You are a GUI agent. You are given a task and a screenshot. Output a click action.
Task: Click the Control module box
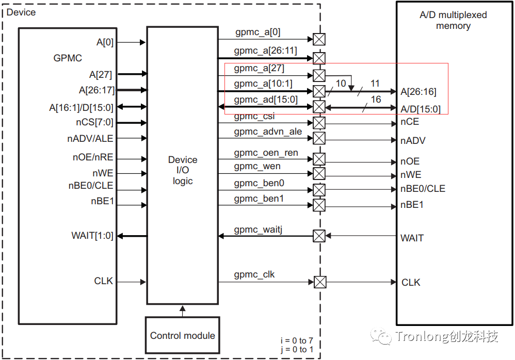183,336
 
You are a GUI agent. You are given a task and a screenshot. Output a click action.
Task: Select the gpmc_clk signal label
254,274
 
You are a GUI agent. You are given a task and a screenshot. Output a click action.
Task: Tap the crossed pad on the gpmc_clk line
320,282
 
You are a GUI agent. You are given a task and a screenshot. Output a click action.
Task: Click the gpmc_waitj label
258,229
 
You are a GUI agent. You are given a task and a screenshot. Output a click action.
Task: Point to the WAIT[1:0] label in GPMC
92,236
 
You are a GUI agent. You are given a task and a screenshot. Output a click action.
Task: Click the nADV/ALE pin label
90,138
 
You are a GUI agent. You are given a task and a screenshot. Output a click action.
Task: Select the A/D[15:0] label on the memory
421,109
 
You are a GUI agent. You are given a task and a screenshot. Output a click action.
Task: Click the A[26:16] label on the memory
419,92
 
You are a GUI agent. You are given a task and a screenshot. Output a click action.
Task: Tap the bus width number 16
376,99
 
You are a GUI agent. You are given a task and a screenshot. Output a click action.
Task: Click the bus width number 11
375,83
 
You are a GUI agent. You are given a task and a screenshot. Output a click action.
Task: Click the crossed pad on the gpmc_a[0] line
319,39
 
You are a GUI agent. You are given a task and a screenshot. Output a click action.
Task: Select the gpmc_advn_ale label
268,132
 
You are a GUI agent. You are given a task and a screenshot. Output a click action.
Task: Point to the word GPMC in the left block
68,58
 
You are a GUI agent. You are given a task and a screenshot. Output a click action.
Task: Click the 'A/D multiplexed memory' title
453,20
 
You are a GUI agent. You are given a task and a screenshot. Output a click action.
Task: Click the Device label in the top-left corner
21,12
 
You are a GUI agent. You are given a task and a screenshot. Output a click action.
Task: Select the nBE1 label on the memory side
412,205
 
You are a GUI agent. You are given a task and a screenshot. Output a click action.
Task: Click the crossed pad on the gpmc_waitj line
319,236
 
